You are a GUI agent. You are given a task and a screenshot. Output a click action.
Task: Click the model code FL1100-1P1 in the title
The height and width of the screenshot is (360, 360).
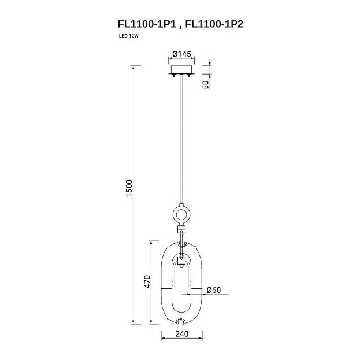point(147,24)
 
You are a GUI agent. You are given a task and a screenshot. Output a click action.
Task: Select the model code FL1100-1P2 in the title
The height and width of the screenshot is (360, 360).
point(214,24)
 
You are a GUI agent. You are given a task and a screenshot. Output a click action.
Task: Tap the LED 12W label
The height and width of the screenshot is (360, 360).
point(128,36)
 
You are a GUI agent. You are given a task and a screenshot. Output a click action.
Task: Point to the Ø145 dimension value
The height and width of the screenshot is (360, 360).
point(181,54)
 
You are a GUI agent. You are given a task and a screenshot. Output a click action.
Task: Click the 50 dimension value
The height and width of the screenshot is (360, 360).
point(206,84)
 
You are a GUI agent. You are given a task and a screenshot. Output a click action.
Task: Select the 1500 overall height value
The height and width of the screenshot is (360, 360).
point(129,188)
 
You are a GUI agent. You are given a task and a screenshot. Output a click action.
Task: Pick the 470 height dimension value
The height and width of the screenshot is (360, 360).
point(147,282)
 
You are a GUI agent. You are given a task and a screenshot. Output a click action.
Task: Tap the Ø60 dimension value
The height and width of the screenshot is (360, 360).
point(214,290)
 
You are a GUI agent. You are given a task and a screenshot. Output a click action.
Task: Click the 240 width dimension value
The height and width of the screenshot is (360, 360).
point(182,334)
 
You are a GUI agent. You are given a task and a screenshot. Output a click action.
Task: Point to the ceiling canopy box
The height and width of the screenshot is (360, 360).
point(181,69)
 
